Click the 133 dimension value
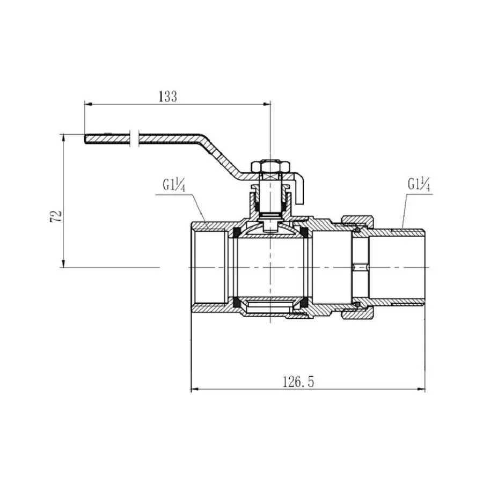coord(168,97)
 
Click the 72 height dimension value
coord(56,216)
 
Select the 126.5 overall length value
coord(298,382)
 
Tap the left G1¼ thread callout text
coord(174,186)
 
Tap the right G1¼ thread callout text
coord(419,185)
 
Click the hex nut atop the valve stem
coord(271,166)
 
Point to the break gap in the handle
coord(134,138)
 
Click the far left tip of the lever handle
coord(85,138)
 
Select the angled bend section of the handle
coord(220,156)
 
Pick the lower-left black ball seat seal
coord(237,303)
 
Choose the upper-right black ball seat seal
coord(304,232)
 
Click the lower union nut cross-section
coord(358,312)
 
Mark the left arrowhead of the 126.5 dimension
coord(194,390)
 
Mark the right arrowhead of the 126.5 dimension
coord(422,390)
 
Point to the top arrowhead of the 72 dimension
coord(63,138)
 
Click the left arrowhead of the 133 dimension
coord(88,105)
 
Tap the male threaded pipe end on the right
coord(397,267)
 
